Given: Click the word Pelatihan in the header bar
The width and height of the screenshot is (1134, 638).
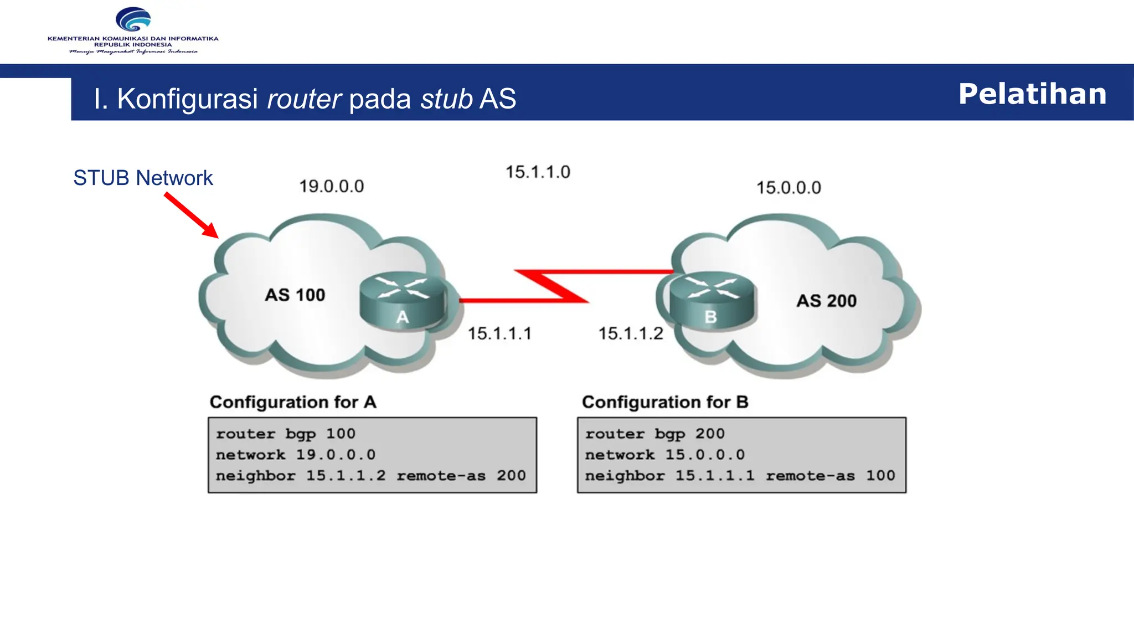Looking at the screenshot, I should (x=1032, y=94).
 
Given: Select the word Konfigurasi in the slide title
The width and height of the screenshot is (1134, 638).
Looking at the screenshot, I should (x=187, y=99).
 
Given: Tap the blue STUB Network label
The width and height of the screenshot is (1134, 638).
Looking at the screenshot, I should (x=143, y=178).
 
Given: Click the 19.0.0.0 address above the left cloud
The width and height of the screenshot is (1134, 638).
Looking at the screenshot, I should (x=332, y=187).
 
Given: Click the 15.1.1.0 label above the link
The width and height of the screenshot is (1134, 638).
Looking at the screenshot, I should (x=538, y=172).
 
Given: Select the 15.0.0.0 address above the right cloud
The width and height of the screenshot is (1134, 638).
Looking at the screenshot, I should (x=788, y=188).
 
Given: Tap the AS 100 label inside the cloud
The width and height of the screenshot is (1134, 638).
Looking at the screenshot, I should (x=295, y=295).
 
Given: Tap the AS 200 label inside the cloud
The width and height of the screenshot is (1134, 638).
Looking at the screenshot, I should (x=826, y=301).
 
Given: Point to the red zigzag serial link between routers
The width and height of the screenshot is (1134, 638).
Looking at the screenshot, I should (x=551, y=286).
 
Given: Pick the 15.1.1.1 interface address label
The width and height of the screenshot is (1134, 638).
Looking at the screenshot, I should (x=499, y=334).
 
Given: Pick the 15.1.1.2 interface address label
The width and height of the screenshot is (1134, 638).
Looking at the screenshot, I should (x=630, y=334).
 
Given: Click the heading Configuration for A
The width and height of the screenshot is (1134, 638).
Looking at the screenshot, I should (x=293, y=402).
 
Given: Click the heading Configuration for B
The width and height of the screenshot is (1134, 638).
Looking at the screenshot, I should (x=665, y=402).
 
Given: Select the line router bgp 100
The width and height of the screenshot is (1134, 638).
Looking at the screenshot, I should (x=286, y=434).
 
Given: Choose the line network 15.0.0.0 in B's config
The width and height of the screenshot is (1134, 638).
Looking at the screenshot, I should (x=664, y=455).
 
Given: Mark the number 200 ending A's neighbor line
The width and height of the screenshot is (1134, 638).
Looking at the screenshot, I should (x=511, y=476).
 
